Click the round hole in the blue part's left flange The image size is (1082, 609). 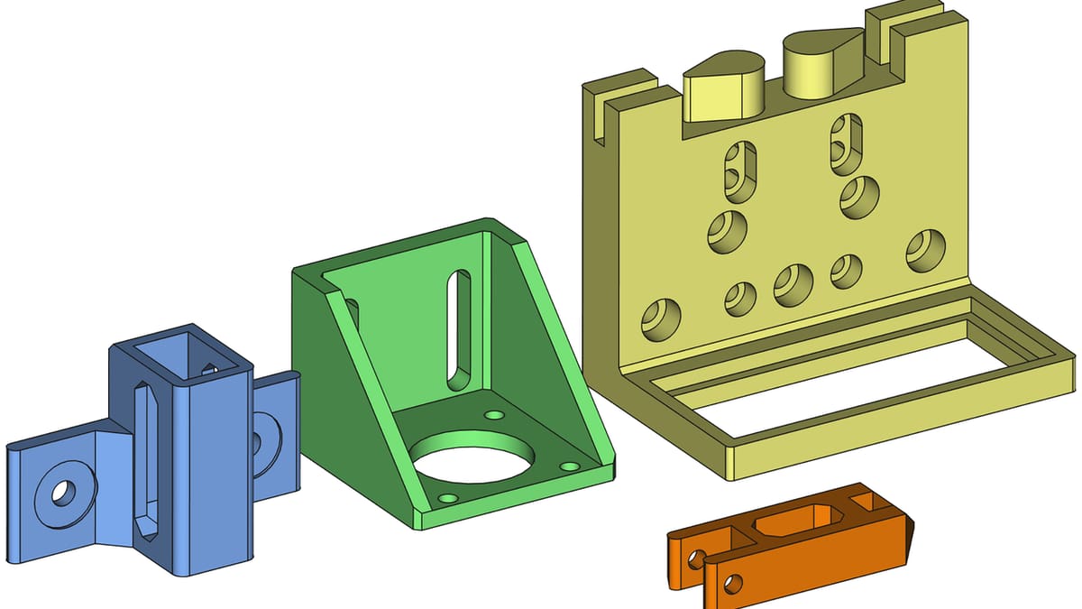(x=63, y=493)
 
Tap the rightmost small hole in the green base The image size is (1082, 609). (x=569, y=466)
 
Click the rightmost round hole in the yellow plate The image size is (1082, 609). (x=924, y=252)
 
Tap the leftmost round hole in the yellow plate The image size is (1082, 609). (x=660, y=319)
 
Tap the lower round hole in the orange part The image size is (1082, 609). (x=731, y=584)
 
